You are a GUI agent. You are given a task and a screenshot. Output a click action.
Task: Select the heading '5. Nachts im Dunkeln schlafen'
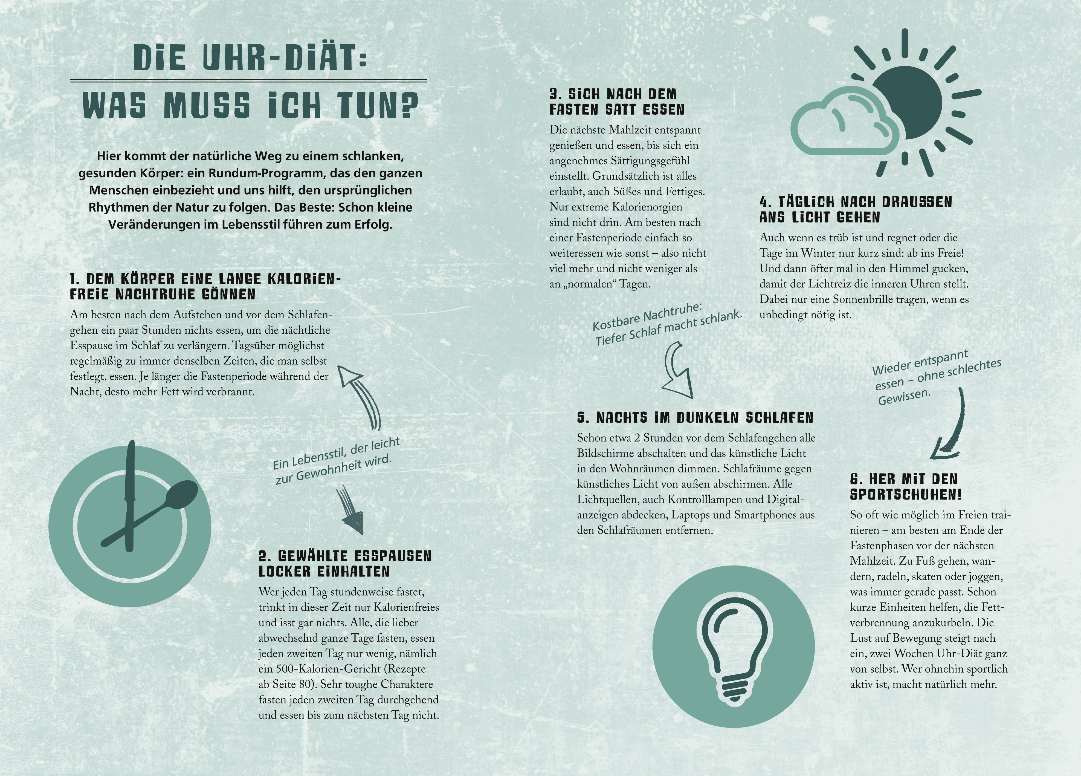[x=695, y=418]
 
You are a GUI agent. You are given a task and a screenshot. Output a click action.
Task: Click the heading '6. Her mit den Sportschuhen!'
[x=906, y=486]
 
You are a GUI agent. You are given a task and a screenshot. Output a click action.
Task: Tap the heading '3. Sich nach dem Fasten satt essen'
[x=617, y=102]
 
